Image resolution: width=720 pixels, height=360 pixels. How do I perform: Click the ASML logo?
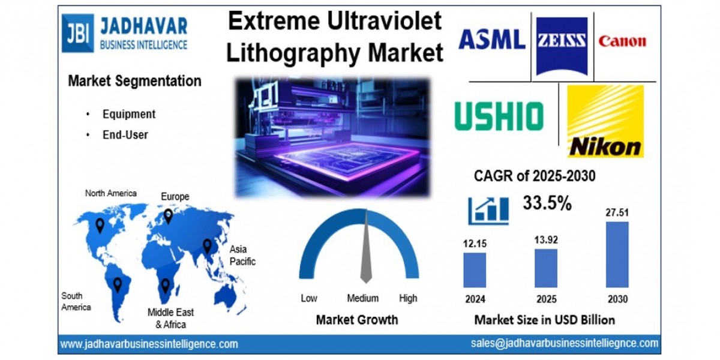click(x=492, y=39)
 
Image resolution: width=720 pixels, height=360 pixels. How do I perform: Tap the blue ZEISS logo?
click(x=562, y=46)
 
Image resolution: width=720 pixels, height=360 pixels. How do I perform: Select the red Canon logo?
click(x=622, y=41)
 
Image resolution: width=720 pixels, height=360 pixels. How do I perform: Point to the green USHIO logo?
click(x=499, y=116)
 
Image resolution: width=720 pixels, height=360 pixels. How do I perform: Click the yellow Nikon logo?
click(x=605, y=121)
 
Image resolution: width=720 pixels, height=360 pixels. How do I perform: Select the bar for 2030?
click(x=617, y=254)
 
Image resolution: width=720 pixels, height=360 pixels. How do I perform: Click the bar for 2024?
click(x=475, y=270)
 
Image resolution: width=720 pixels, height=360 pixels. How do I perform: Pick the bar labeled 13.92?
click(x=546, y=268)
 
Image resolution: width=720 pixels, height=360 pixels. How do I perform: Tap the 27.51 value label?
click(x=617, y=212)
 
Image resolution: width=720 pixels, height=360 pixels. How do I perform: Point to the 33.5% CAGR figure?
click(x=547, y=203)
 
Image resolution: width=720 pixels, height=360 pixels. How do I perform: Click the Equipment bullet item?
click(x=129, y=114)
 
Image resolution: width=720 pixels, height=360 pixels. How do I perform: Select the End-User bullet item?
click(x=125, y=134)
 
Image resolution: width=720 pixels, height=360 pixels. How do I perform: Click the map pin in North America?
click(x=100, y=226)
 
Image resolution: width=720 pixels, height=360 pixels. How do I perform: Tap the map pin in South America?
click(x=118, y=285)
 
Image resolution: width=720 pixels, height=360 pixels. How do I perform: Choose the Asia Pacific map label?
click(x=242, y=255)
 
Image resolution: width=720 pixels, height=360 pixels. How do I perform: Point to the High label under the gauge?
click(x=408, y=298)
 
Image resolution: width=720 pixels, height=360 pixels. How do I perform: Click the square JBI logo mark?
click(x=78, y=33)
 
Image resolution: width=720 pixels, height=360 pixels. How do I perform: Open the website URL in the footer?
click(x=149, y=344)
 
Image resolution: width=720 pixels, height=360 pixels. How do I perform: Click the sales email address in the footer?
click(x=565, y=343)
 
